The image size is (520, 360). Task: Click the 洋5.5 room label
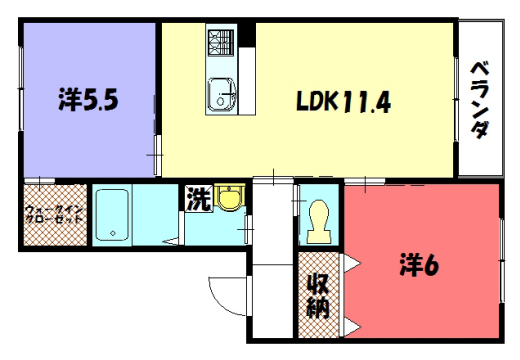pyautogui.click(x=90, y=100)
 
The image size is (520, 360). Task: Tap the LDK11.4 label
pyautogui.click(x=343, y=101)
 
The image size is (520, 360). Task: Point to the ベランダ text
pyautogui.click(x=480, y=101)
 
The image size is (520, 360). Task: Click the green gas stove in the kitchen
pyautogui.click(x=220, y=43)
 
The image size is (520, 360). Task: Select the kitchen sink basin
pyautogui.click(x=220, y=96)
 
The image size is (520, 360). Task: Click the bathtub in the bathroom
pyautogui.click(x=118, y=216)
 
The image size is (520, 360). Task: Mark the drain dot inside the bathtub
pyautogui.click(x=113, y=233)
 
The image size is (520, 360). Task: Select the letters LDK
pyautogui.click(x=317, y=101)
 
